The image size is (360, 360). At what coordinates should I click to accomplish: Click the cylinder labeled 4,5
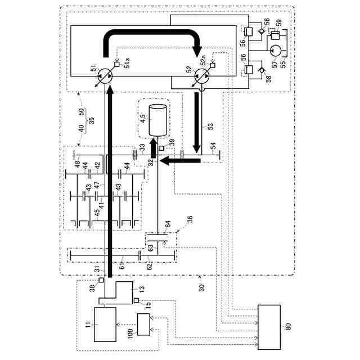156,119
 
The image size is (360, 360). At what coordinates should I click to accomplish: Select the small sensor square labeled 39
161,148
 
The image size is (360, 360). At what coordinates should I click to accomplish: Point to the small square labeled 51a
116,65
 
